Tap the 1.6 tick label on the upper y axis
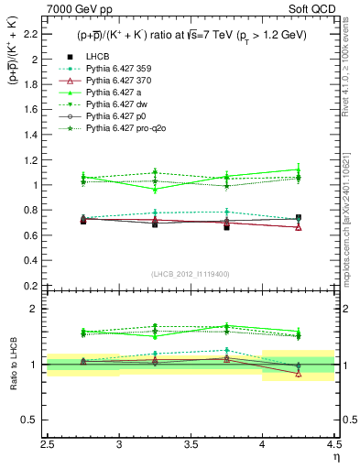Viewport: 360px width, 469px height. pos(34,110)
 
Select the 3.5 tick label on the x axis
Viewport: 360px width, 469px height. pos(191,446)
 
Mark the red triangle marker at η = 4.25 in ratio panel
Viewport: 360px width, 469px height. pos(298,374)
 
